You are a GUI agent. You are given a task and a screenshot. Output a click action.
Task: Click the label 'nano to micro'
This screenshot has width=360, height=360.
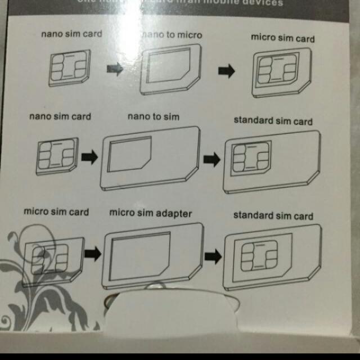[x=172, y=35]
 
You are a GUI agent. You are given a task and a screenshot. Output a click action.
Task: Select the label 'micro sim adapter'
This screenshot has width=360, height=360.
[x=151, y=213]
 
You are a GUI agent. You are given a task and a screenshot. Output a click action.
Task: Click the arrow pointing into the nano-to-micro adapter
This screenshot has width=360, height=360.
[x=115, y=69]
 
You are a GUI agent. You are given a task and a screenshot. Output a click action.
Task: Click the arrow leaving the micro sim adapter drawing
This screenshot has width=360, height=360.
[x=213, y=256]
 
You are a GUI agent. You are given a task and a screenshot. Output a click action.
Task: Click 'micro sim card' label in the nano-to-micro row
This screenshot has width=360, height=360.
[x=282, y=38]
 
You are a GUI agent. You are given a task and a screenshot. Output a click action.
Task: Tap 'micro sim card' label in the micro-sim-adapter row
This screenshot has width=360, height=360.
[x=56, y=212]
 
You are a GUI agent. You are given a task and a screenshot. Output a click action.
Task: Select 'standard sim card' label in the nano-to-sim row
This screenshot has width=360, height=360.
[x=273, y=121]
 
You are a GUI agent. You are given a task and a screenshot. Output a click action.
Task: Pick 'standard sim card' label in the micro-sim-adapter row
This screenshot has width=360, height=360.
[x=273, y=215]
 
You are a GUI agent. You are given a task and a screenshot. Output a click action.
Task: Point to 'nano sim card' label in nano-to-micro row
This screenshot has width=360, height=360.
[x=71, y=34]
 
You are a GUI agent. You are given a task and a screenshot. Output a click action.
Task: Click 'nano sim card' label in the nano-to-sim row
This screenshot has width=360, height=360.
[x=60, y=117]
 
